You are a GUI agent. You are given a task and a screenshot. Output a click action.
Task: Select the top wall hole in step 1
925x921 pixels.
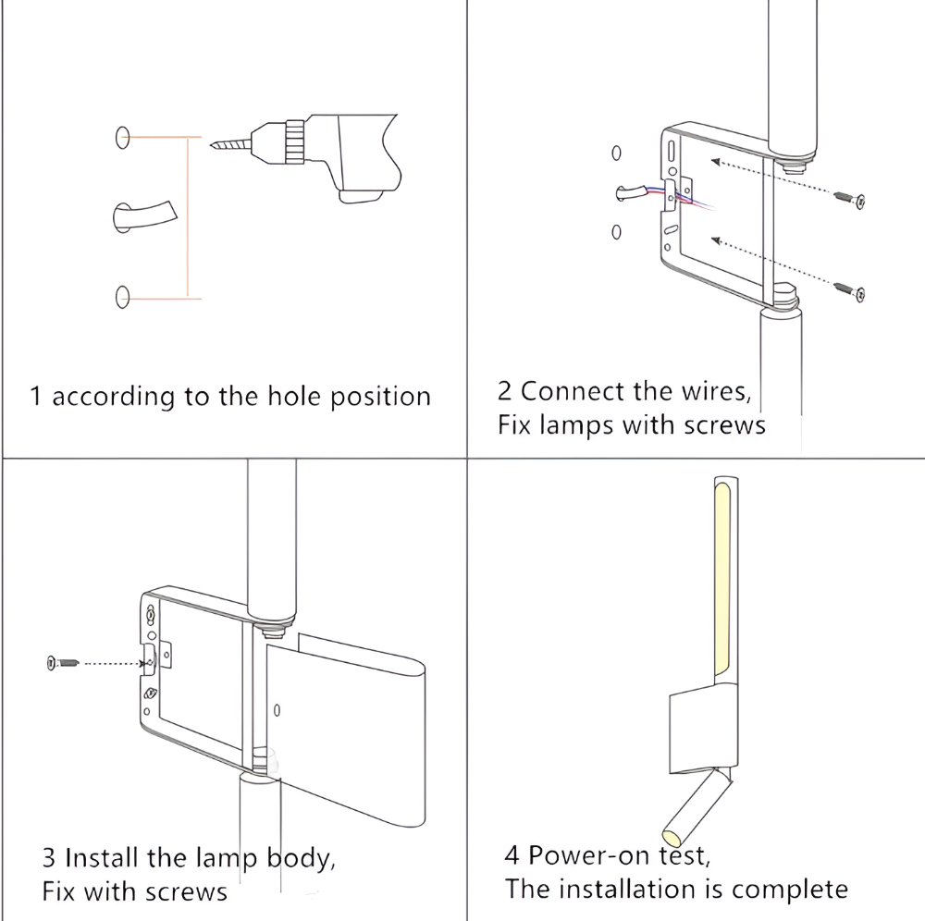coord(122,138)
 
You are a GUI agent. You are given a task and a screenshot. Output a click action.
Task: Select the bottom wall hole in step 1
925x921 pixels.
coord(122,297)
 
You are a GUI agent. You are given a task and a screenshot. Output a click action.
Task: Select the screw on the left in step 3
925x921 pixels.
coord(61,662)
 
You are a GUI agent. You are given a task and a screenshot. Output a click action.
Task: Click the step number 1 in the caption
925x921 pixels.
coord(36,398)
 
